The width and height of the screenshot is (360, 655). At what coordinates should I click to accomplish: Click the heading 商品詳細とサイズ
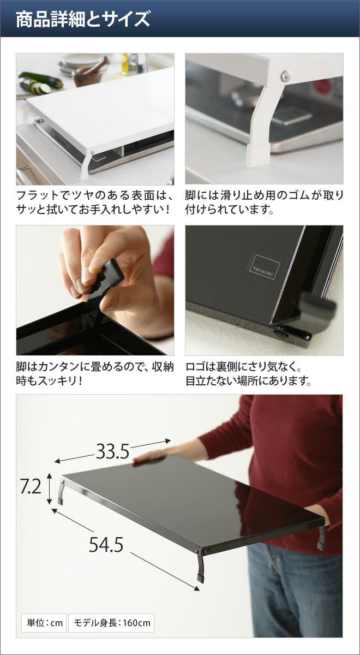click(83, 20)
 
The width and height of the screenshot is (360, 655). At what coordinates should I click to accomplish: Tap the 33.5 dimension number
click(112, 451)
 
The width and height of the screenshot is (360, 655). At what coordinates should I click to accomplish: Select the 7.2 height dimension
click(31, 486)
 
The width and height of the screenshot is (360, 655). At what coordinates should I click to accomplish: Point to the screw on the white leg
click(285, 76)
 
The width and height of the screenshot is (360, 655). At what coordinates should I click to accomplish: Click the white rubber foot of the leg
click(257, 154)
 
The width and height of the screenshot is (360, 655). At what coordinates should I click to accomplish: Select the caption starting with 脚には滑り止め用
click(265, 202)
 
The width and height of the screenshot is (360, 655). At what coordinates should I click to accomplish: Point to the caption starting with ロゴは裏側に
click(248, 373)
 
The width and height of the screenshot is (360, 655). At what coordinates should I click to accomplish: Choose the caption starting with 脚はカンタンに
click(95, 373)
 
